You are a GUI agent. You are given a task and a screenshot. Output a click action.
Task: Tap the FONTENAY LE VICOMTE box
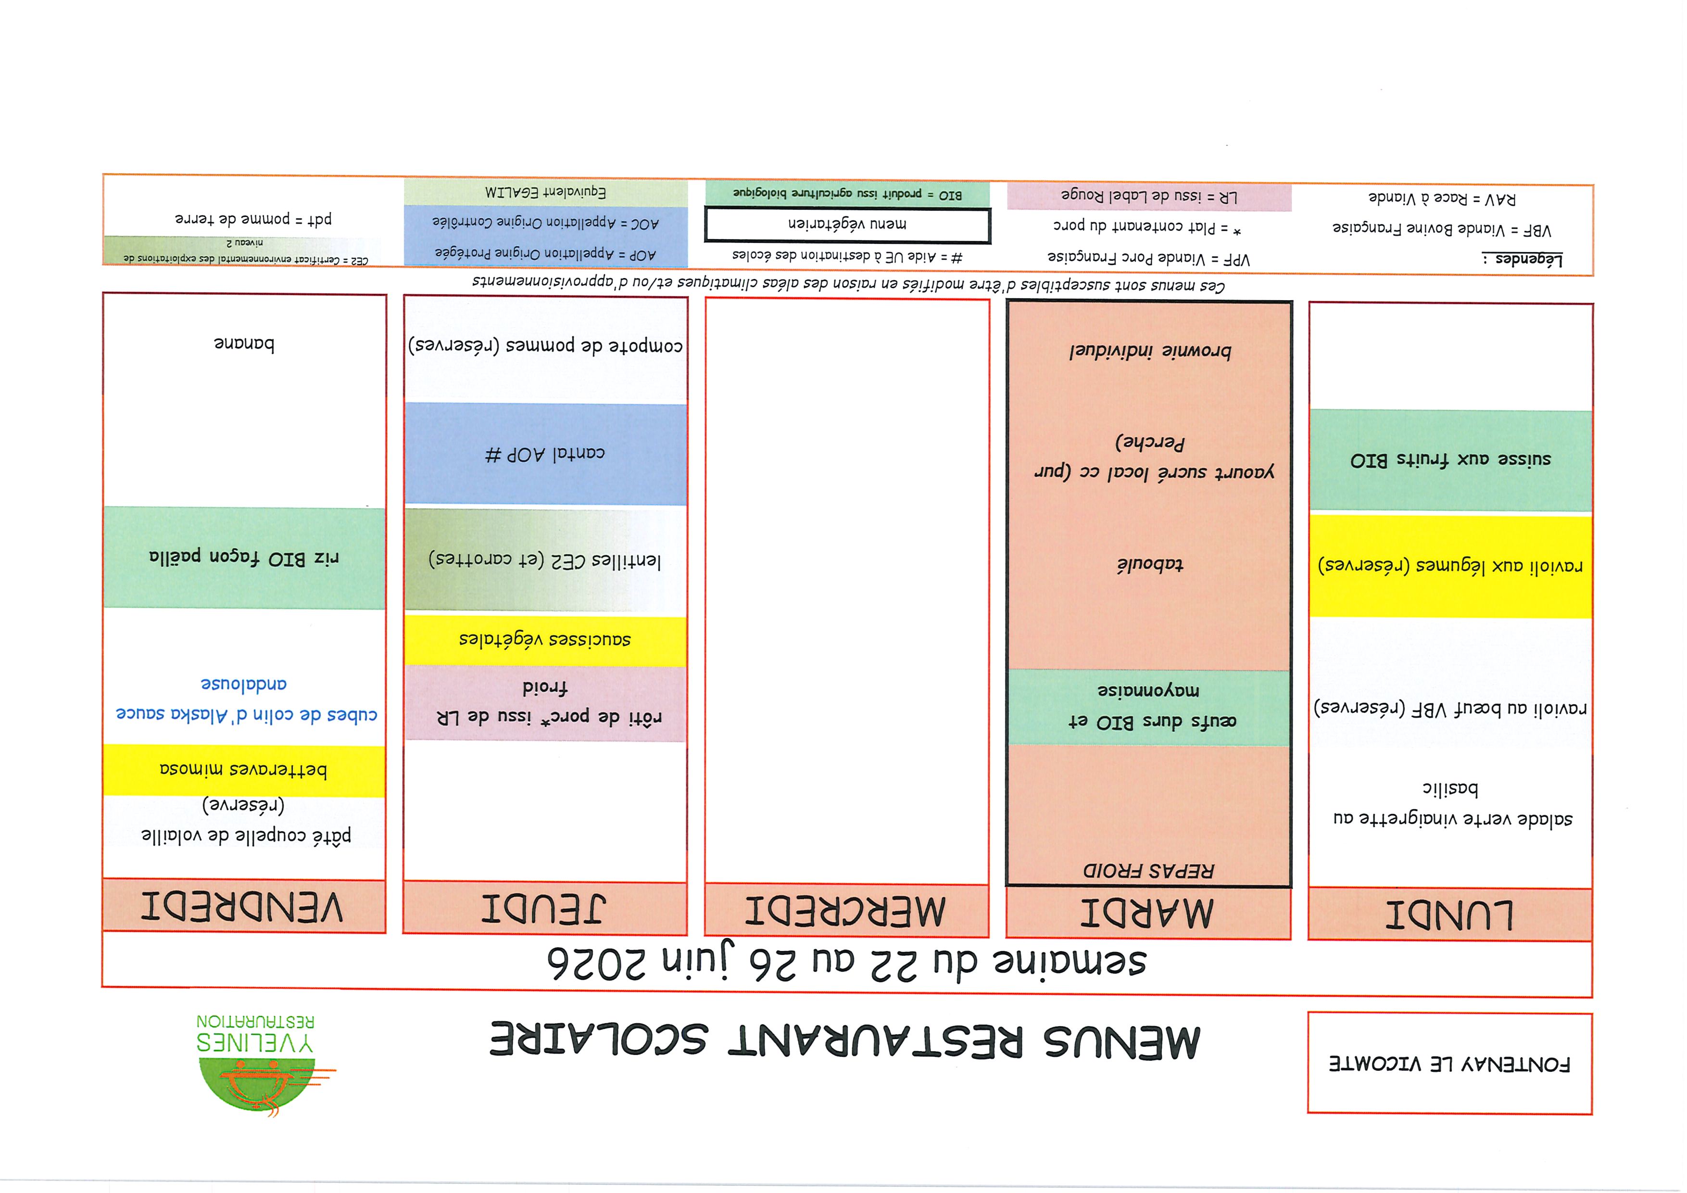[x=1449, y=1063]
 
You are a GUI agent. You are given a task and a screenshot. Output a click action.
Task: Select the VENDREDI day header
[x=244, y=907]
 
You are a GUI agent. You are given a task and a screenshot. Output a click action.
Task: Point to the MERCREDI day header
[x=846, y=911]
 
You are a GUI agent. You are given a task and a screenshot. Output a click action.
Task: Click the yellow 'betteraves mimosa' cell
[x=244, y=770]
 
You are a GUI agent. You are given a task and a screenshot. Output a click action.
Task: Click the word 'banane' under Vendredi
[x=244, y=344]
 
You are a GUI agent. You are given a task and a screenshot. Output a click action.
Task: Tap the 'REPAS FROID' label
[x=1148, y=871]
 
